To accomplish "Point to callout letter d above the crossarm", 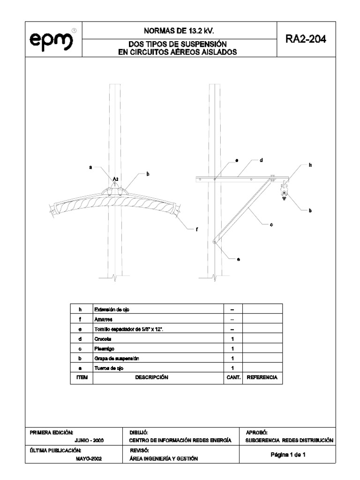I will [261, 160].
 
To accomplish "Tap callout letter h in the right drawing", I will [310, 165].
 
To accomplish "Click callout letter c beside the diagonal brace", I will [271, 225].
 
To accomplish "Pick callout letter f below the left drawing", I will [197, 229].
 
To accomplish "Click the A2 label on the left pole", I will [115, 179].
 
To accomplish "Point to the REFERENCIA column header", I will [262, 377].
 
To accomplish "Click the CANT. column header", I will [232, 377].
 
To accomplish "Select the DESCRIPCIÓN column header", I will [157, 377].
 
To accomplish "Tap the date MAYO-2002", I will [89, 459].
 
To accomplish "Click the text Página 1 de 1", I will [289, 455].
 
